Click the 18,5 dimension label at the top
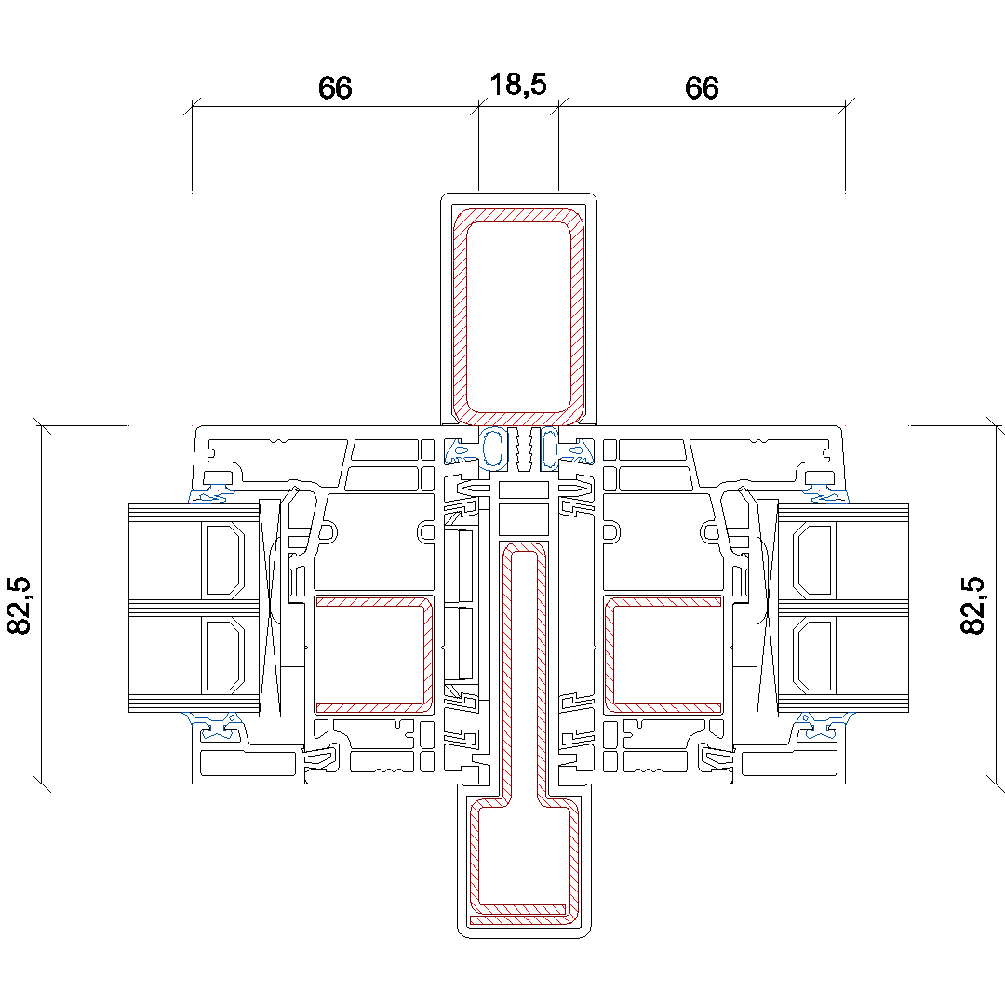pos(518,85)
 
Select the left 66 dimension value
pos(335,88)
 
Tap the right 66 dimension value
pos(702,88)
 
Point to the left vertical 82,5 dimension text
pos(20,606)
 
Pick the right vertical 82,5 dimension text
pos(972,606)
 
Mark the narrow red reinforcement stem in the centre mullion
pos(507,670)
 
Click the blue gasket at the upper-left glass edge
pos(212,492)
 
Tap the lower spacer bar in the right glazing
pos(811,656)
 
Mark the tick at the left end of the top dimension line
pos(192,108)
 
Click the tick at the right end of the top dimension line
pos(845,108)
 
